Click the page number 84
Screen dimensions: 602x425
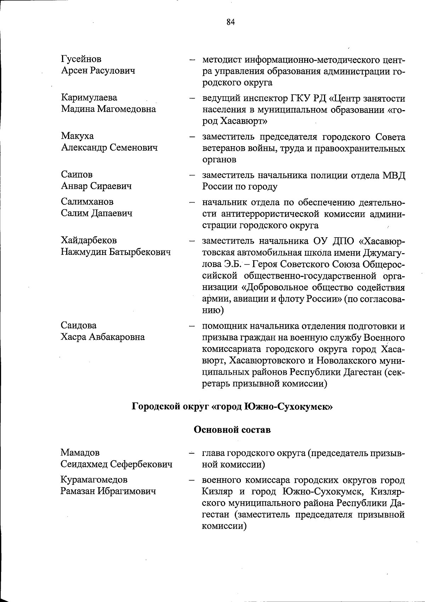pos(230,22)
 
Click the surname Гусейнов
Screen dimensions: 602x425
pos(81,59)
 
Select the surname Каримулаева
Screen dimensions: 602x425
pos(89,98)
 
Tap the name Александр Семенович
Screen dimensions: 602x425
pos(109,148)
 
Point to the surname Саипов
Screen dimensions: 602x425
pos(77,175)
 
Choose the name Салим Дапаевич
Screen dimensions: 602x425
pos(96,213)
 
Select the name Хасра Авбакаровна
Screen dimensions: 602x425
pos(103,337)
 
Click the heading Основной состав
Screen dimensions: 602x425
pos(232,430)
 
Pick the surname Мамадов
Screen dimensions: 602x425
pos(80,453)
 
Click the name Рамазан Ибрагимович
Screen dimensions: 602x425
pos(108,492)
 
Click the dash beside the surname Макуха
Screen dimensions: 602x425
pos(192,136)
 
